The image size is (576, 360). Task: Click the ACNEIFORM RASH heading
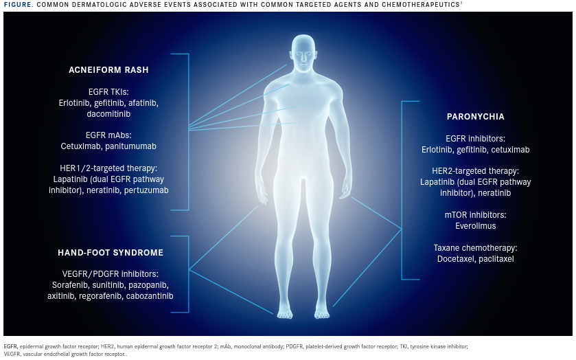coord(108,70)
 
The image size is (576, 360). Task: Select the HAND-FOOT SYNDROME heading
coord(111,253)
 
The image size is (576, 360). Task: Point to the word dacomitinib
coord(108,113)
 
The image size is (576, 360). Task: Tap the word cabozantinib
coord(149,296)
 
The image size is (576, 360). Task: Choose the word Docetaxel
coord(437,259)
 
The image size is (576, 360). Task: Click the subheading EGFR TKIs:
coord(108,91)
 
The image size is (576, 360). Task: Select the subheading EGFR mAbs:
coord(108,135)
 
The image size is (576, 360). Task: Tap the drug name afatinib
coord(143,102)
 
